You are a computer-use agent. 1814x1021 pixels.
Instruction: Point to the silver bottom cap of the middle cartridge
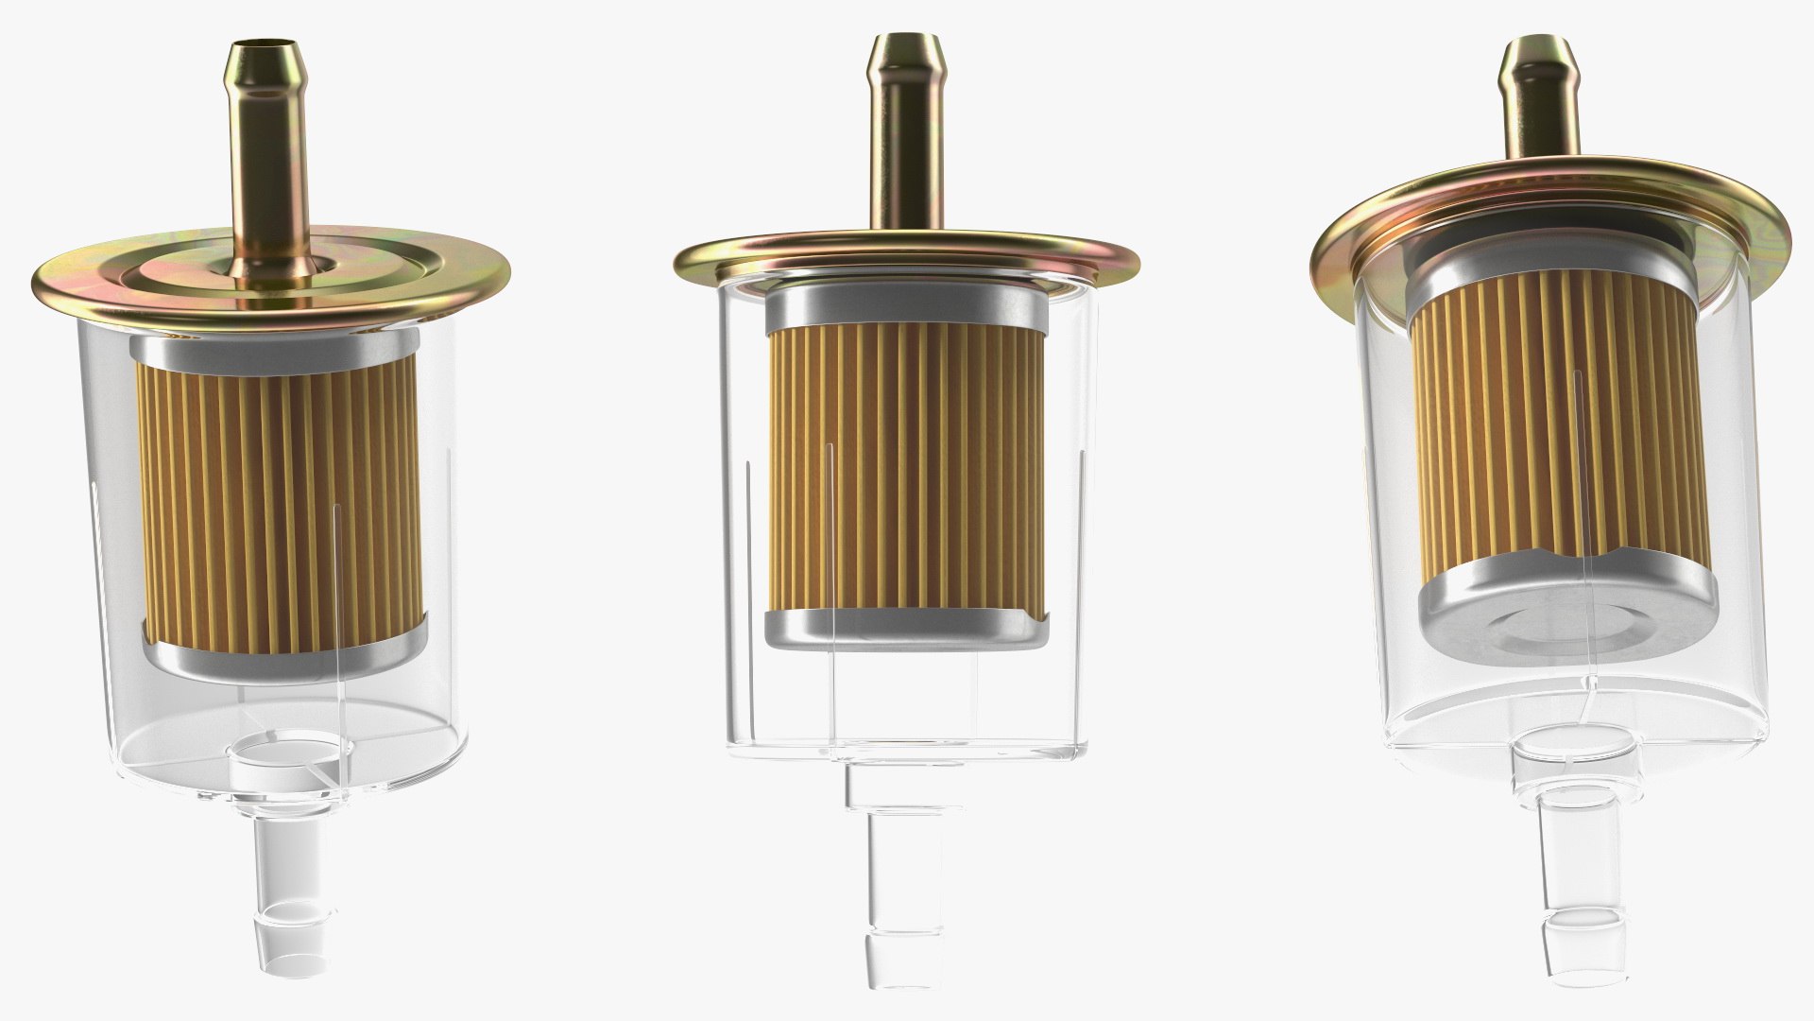(x=904, y=629)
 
